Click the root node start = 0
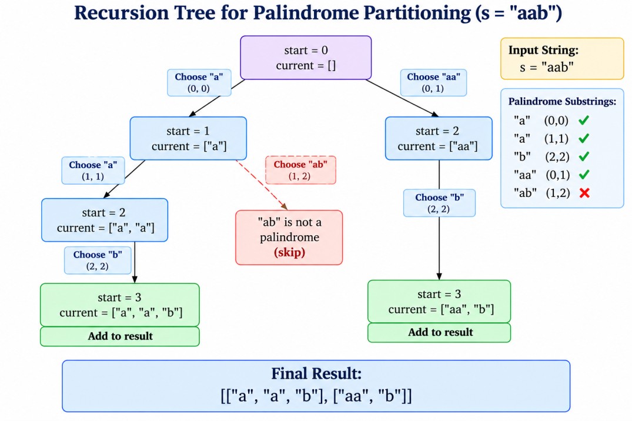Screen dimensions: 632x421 point(306,58)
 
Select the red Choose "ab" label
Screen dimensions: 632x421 point(300,170)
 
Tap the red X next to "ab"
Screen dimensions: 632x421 point(584,193)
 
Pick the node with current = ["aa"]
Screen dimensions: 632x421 point(439,138)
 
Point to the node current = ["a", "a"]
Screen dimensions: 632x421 point(105,220)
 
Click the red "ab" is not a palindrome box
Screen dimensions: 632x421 point(289,238)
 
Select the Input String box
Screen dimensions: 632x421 point(562,58)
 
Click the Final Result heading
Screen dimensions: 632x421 point(316,373)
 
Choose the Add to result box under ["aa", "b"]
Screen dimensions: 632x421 point(439,332)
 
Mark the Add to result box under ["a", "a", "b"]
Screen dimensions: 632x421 point(120,336)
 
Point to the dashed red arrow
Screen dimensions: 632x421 point(261,185)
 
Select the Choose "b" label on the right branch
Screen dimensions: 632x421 point(439,203)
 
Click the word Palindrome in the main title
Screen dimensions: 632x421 point(306,13)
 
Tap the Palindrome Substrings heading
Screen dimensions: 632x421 point(562,101)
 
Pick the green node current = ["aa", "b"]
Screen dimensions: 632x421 point(439,302)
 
